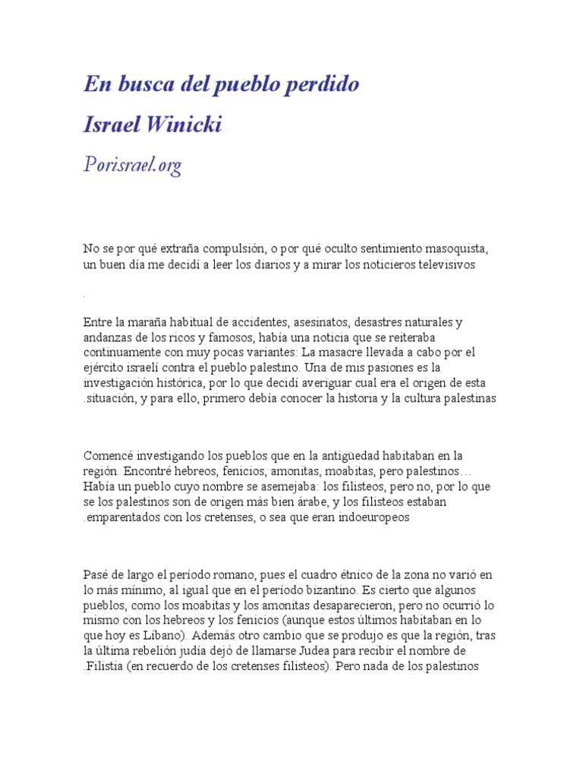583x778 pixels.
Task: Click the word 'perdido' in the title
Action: click(x=326, y=85)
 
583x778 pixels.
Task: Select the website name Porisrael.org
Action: click(x=133, y=165)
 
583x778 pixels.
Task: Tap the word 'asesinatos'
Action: click(x=313, y=322)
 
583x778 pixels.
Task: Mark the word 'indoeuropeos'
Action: click(x=372, y=517)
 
